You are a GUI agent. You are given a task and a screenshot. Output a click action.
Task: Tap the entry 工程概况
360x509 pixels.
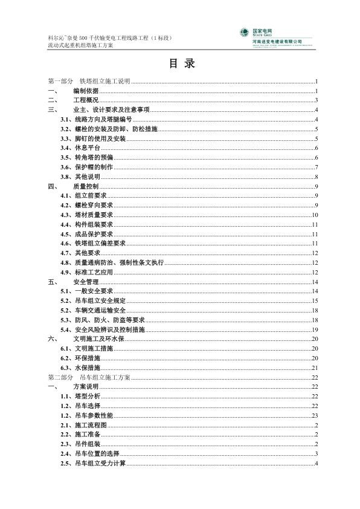tap(85, 100)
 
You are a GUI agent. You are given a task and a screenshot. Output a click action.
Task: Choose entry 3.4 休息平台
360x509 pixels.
tap(80, 148)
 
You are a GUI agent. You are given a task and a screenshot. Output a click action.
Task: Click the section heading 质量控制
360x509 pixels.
tap(85, 186)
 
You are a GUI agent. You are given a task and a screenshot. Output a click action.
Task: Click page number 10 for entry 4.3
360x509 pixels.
tap(315, 215)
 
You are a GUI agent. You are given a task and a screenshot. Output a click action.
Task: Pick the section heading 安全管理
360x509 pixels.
tap(85, 282)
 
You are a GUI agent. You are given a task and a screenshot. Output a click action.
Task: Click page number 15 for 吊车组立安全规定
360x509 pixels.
tap(315, 300)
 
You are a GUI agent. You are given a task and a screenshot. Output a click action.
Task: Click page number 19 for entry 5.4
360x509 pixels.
tap(315, 329)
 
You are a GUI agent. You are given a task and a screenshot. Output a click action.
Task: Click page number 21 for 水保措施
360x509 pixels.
tap(315, 368)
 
